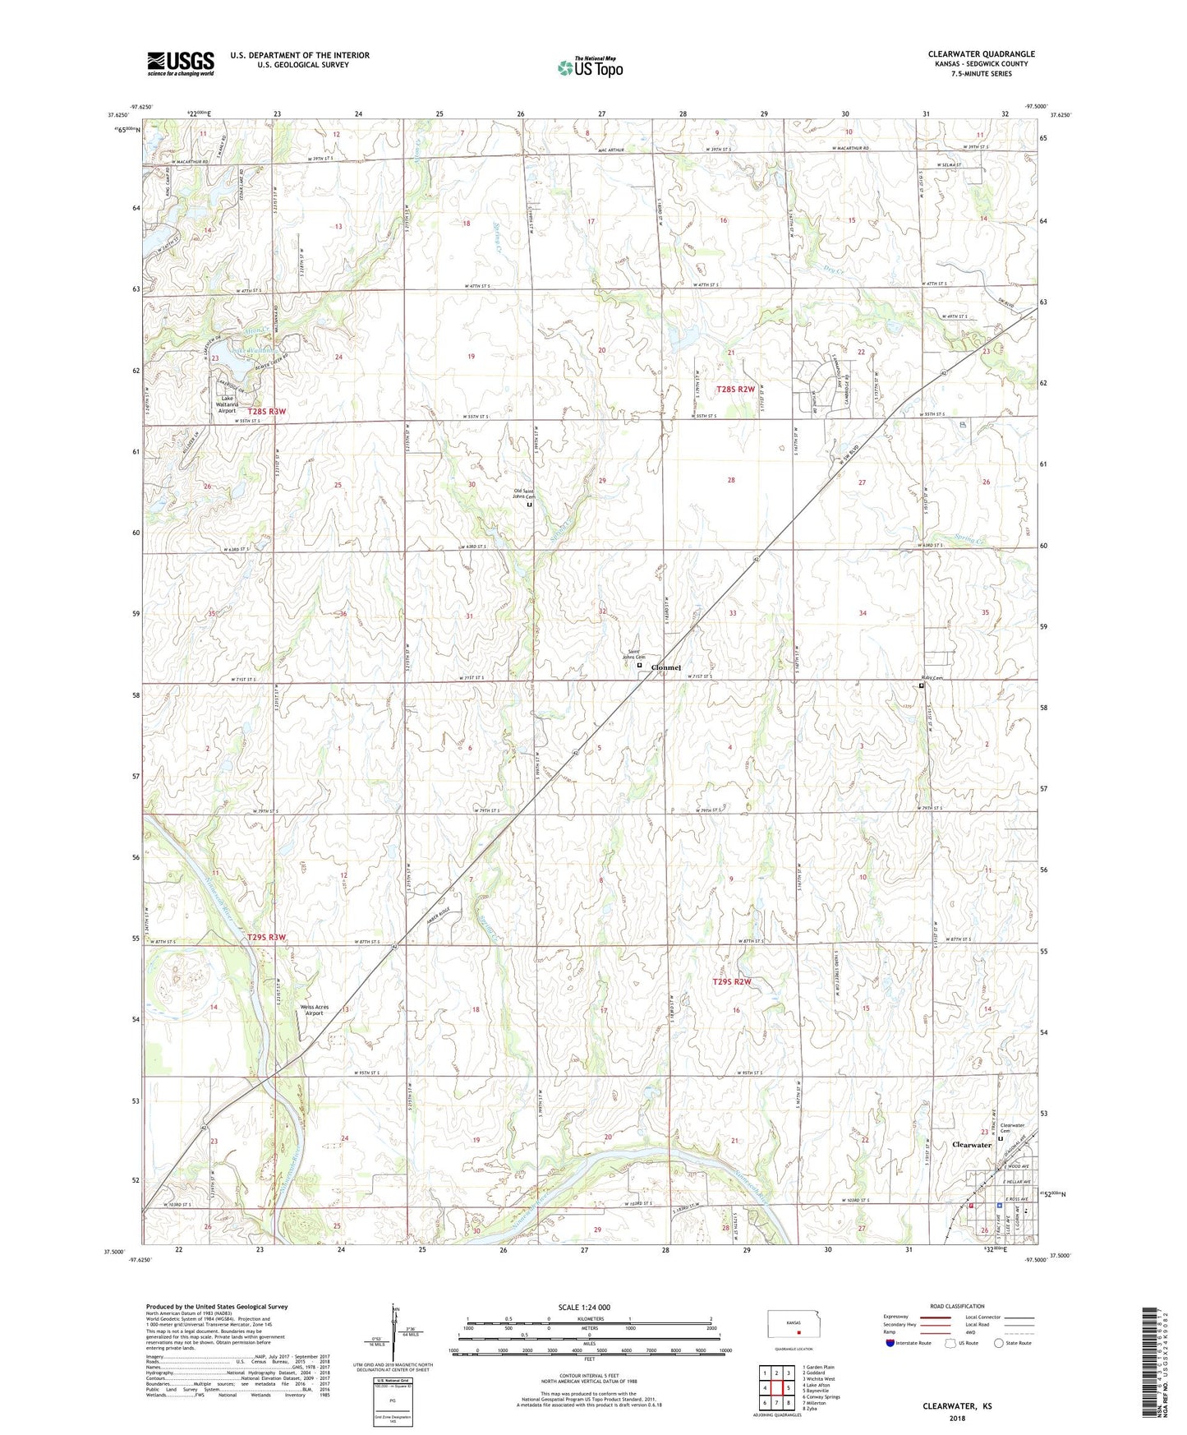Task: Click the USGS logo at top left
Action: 181,63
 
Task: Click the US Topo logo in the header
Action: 590,67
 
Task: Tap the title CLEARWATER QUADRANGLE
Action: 981,54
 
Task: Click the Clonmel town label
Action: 665,667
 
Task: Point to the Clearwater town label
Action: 971,1144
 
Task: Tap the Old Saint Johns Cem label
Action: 524,494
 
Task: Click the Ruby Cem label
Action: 931,678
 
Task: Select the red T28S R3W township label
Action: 267,412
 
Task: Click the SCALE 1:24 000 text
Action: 584,1307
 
